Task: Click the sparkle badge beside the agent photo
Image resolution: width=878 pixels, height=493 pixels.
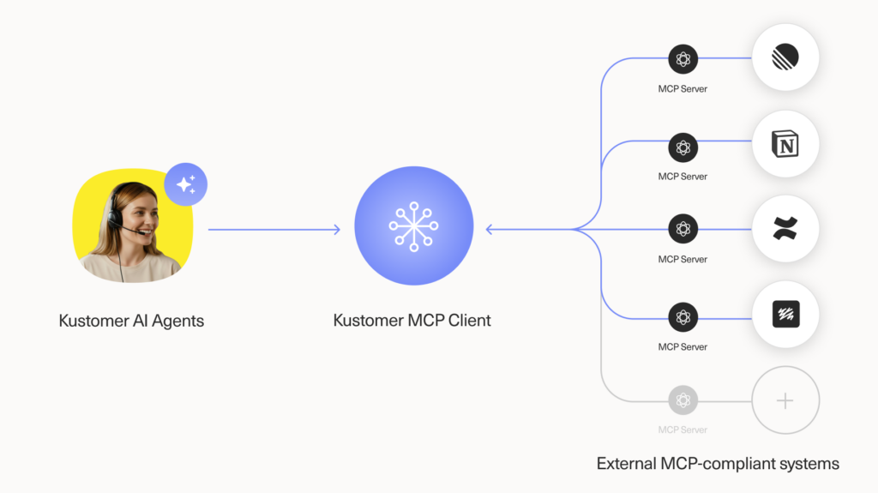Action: tap(185, 183)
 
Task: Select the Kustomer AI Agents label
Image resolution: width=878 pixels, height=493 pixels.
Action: tap(131, 322)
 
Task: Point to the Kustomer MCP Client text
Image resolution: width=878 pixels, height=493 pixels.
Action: tap(412, 321)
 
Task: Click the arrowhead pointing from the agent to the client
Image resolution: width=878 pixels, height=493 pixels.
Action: tap(337, 229)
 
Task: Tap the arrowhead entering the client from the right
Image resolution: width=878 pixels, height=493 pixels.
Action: tap(490, 229)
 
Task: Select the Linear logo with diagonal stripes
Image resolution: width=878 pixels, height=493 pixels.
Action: tap(785, 58)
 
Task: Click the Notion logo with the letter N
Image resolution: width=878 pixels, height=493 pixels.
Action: tap(785, 145)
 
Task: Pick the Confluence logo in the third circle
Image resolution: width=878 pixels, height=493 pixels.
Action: tap(785, 229)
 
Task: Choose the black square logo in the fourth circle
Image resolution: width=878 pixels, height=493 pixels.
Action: tap(785, 316)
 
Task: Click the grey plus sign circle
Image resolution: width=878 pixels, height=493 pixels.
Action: tap(785, 400)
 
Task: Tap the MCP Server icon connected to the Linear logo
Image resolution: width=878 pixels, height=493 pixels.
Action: tap(683, 59)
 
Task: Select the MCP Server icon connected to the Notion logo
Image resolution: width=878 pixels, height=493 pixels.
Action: tap(683, 147)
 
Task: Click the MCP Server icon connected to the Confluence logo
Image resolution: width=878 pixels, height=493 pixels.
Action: tap(683, 229)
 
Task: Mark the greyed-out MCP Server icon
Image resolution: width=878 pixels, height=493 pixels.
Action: tap(683, 400)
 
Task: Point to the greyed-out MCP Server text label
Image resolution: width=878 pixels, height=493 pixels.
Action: tap(683, 429)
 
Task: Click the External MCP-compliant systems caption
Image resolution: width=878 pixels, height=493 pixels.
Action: tap(717, 464)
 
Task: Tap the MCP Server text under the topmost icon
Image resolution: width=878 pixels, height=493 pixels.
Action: tap(683, 89)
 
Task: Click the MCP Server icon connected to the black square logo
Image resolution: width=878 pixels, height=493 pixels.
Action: tap(683, 317)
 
